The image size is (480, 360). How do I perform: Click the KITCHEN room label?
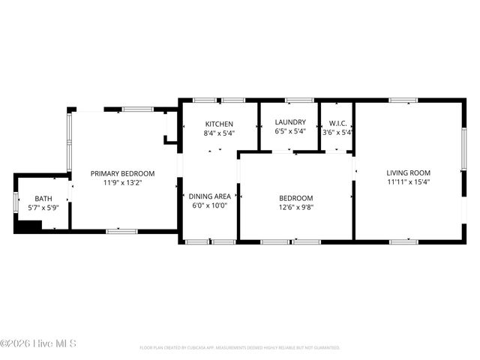(x=219, y=124)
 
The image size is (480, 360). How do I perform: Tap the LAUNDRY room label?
(x=289, y=122)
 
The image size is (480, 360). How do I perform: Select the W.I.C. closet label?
(x=337, y=123)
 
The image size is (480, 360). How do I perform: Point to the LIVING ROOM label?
(x=409, y=172)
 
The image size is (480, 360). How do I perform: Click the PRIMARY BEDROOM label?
(x=122, y=173)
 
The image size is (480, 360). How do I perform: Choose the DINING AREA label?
(x=209, y=196)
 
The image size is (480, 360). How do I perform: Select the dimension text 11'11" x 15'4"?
(x=409, y=181)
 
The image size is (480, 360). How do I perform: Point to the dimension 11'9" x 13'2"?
(x=122, y=182)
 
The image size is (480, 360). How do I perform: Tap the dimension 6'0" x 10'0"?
(x=209, y=205)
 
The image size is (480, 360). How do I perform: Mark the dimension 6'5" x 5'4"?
(x=289, y=132)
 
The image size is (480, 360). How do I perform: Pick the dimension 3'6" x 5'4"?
(x=337, y=133)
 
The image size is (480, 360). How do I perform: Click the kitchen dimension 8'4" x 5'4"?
(x=219, y=133)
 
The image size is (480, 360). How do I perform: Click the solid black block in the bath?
(x=28, y=226)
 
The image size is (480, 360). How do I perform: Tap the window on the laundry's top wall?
(x=298, y=100)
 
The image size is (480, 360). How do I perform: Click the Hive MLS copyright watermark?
(x=38, y=344)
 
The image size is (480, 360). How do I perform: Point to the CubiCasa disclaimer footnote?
(x=239, y=348)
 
